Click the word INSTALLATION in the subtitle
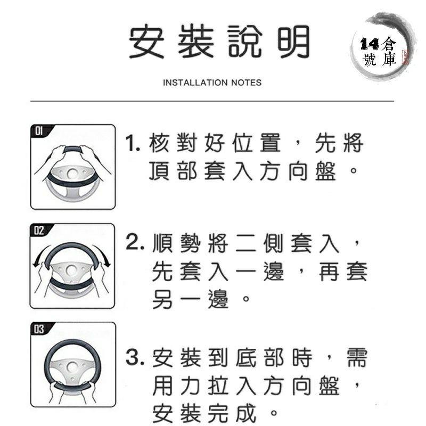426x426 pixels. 195,83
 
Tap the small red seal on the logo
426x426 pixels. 403,56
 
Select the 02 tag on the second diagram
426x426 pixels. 39,231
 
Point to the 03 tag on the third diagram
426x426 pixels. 39,329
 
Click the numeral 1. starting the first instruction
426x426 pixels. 133,144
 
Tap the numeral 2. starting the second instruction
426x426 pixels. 133,244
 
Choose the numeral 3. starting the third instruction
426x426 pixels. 133,357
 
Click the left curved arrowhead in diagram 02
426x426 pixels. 36,264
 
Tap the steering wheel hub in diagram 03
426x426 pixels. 72,368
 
